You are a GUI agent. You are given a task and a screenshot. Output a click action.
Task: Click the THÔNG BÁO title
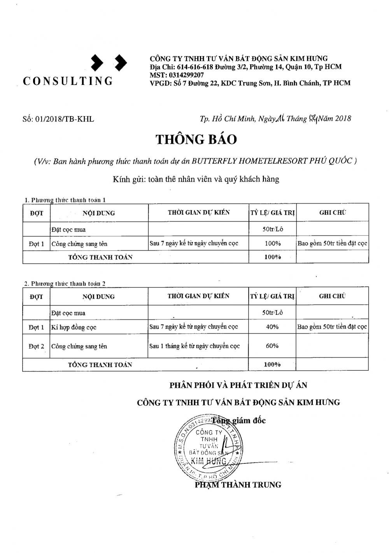(x=196, y=139)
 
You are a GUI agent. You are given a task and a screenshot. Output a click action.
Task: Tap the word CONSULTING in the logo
(x=68, y=81)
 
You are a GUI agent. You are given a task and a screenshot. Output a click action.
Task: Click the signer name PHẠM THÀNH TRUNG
(x=238, y=485)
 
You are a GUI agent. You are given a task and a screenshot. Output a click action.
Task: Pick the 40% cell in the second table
(x=272, y=327)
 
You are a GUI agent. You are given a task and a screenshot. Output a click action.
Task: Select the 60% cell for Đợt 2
(x=272, y=346)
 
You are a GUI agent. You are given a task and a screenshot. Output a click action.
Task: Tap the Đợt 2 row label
(x=36, y=346)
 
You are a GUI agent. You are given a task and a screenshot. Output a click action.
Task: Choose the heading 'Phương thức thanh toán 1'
(x=65, y=200)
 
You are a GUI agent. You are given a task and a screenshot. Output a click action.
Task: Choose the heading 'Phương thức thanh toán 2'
(x=65, y=284)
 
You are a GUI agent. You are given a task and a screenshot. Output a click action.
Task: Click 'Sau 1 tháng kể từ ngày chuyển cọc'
(x=194, y=346)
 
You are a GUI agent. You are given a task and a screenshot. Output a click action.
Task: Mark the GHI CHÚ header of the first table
(x=332, y=213)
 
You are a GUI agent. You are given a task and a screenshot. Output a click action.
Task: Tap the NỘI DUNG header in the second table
(x=98, y=296)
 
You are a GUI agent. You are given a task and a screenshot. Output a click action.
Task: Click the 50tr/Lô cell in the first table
(x=273, y=229)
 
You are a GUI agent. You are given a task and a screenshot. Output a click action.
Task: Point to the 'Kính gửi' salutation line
(x=196, y=179)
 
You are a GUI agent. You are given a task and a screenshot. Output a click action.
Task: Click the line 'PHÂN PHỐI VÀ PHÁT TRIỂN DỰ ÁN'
(x=238, y=385)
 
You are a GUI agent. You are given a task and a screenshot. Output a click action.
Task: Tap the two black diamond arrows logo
(x=109, y=62)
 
